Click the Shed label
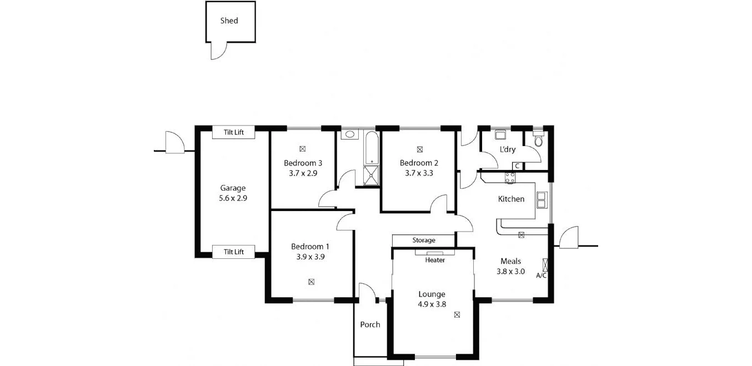pyautogui.click(x=229, y=21)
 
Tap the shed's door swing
pyautogui.click(x=219, y=51)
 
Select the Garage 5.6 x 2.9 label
pyautogui.click(x=233, y=193)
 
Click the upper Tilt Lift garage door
pyautogui.click(x=234, y=132)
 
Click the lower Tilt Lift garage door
pyautogui.click(x=234, y=252)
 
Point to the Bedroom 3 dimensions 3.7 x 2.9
pyautogui.click(x=303, y=173)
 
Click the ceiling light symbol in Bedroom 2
pyautogui.click(x=419, y=149)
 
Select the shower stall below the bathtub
pyautogui.click(x=370, y=175)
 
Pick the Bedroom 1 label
pyautogui.click(x=310, y=247)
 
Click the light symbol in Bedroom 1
pyautogui.click(x=311, y=282)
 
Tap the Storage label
pyautogui.click(x=424, y=240)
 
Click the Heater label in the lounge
pyautogui.click(x=435, y=260)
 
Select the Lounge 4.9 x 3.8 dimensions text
pyautogui.click(x=432, y=304)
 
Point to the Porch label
pyautogui.click(x=370, y=324)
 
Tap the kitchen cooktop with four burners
pyautogui.click(x=509, y=177)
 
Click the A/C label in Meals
pyautogui.click(x=542, y=275)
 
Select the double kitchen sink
pyautogui.click(x=542, y=199)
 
